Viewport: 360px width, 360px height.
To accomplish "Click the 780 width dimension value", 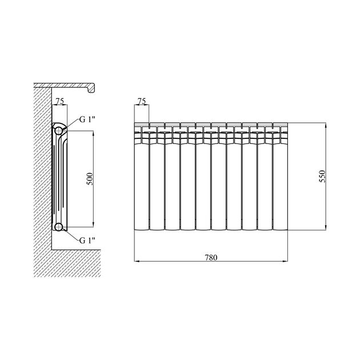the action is tap(211, 258).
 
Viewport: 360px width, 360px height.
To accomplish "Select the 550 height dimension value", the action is tap(322, 176).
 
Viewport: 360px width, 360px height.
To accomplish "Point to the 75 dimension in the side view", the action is tap(59, 101).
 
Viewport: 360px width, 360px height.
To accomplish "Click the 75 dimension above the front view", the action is tap(142, 101).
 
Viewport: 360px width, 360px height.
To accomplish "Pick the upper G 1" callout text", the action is tap(87, 119).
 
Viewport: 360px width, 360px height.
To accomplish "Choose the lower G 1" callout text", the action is tap(87, 241).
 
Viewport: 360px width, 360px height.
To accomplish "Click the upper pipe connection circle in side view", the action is tap(59, 131).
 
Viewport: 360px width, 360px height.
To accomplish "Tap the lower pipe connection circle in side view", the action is tap(59, 227).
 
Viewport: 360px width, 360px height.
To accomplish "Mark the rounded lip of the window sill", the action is tap(92, 88).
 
